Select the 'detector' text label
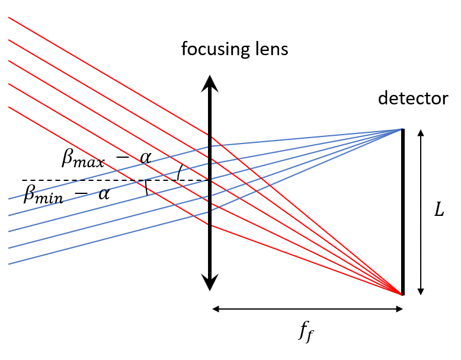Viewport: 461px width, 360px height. coord(414,98)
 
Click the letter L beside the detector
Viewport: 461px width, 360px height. coord(439,211)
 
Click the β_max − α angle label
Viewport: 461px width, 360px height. coord(107,158)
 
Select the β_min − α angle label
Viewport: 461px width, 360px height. coord(66,194)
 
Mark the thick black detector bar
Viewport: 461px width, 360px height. coord(403,211)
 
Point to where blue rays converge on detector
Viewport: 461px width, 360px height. coord(401,129)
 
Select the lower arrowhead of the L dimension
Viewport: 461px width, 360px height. coord(421,291)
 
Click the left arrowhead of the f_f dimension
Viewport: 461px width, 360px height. coord(216,309)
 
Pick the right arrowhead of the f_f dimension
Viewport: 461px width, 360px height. coord(399,309)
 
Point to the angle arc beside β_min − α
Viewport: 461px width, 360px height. coord(146,187)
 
